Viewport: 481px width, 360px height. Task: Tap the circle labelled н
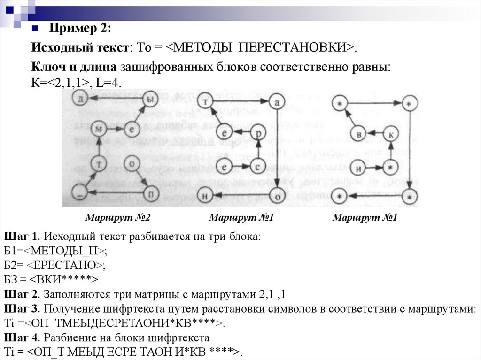point(205,195)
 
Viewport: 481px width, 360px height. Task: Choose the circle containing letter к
point(391,134)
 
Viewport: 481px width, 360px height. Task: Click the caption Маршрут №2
point(117,218)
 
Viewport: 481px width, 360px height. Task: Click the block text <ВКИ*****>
point(65,280)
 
